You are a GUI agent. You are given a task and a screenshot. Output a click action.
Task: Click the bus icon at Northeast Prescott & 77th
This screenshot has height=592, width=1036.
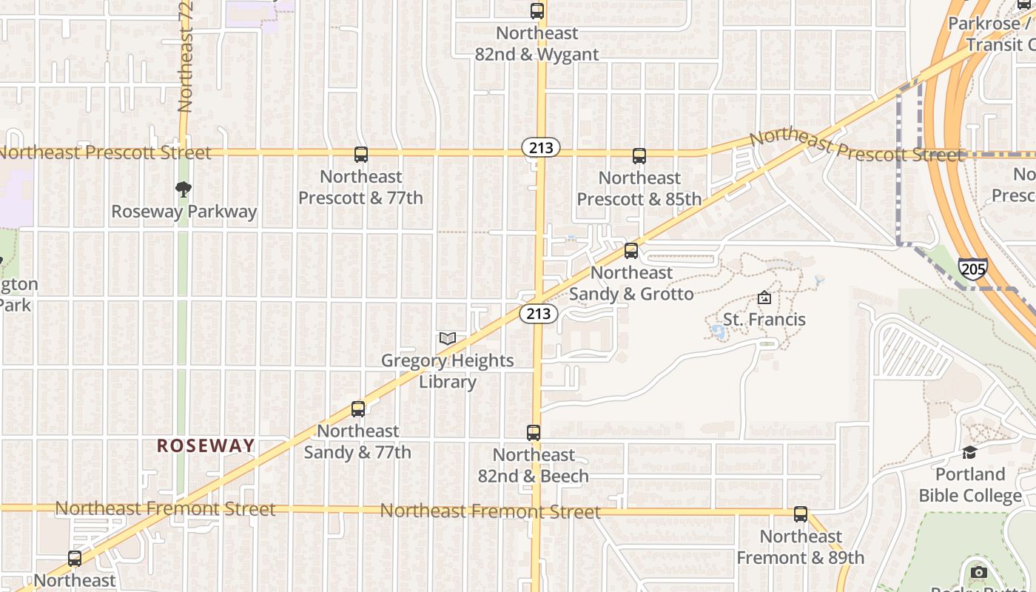pyautogui.click(x=361, y=155)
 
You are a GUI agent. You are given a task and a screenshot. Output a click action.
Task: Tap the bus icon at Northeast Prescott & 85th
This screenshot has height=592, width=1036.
pyautogui.click(x=639, y=156)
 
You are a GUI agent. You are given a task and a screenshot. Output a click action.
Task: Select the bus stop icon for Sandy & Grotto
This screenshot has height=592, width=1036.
pyautogui.click(x=631, y=251)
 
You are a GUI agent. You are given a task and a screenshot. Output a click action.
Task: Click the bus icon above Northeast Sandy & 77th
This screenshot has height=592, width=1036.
pyautogui.click(x=358, y=408)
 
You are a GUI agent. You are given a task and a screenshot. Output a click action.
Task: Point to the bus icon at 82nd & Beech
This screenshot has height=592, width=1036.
pyautogui.click(x=534, y=433)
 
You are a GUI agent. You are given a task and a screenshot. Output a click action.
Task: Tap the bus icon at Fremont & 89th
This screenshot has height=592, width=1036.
pyautogui.click(x=801, y=514)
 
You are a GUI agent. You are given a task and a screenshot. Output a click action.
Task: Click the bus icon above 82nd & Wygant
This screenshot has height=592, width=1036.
pyautogui.click(x=537, y=11)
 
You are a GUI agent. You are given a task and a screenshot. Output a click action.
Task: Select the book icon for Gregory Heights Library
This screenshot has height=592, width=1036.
pyautogui.click(x=448, y=339)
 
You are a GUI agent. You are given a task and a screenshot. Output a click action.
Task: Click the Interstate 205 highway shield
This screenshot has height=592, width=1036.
pyautogui.click(x=972, y=269)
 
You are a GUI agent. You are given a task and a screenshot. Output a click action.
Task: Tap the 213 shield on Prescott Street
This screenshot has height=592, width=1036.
pyautogui.click(x=541, y=148)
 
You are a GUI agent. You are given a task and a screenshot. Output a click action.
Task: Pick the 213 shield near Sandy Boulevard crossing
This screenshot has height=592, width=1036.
pyautogui.click(x=538, y=314)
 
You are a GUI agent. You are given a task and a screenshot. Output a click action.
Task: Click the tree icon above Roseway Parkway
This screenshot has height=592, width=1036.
pyautogui.click(x=184, y=190)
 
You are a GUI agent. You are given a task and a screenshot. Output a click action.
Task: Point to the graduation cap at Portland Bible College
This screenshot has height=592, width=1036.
pyautogui.click(x=969, y=452)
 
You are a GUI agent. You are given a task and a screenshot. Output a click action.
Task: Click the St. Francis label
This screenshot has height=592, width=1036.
pyautogui.click(x=764, y=320)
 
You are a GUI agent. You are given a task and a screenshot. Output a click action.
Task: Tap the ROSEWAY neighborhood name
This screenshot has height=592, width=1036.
pyautogui.click(x=206, y=445)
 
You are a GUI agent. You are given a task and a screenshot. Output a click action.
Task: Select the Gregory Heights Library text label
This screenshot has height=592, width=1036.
pyautogui.click(x=448, y=371)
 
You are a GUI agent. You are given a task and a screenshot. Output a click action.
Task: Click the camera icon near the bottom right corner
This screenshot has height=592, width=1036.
pyautogui.click(x=979, y=572)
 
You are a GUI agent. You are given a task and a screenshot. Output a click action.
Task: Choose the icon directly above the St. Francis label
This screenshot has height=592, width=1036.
pyautogui.click(x=764, y=298)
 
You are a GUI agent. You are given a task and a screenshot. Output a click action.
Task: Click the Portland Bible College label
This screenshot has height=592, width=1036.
pyautogui.click(x=970, y=485)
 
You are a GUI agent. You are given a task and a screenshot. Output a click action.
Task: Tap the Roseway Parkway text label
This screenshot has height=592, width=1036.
pyautogui.click(x=184, y=212)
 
